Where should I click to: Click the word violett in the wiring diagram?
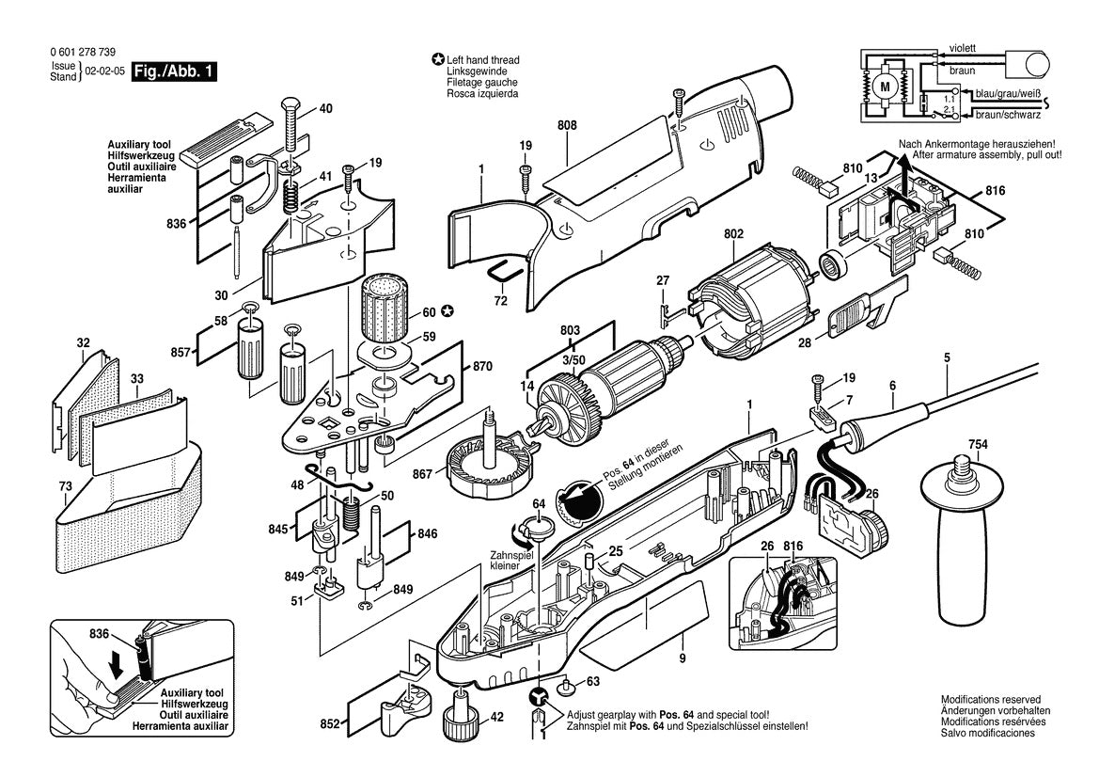point(963,46)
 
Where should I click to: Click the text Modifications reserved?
point(990,700)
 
